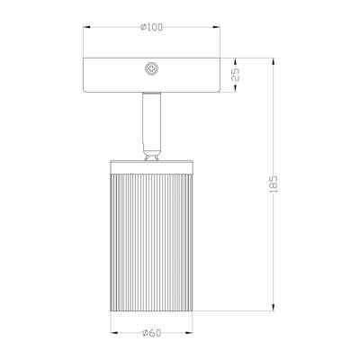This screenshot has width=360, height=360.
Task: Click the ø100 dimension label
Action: tap(152, 27)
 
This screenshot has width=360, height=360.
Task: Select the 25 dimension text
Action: tap(236, 76)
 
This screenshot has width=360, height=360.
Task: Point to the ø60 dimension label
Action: tap(151, 335)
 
